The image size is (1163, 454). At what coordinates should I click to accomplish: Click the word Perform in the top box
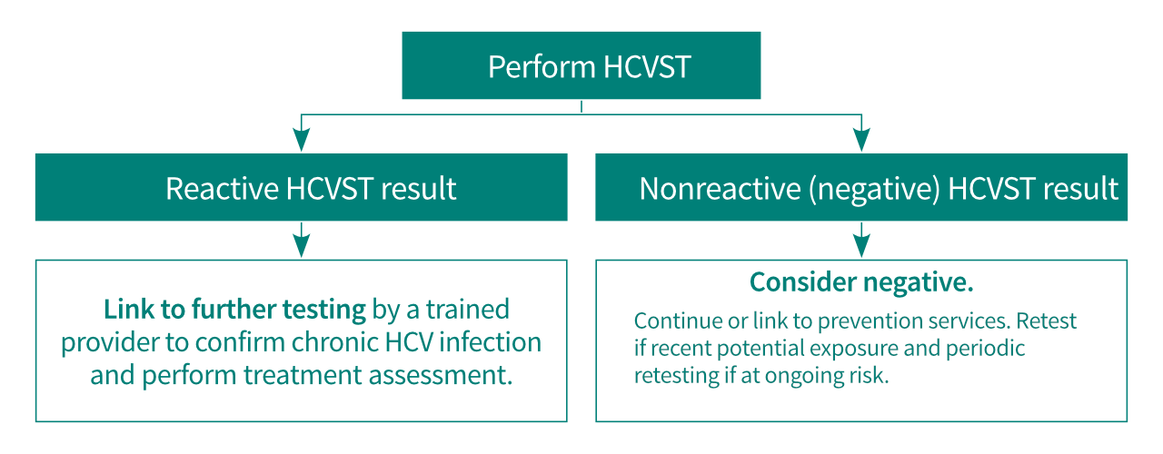(x=540, y=68)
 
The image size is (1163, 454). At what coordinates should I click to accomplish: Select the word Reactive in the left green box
(x=222, y=189)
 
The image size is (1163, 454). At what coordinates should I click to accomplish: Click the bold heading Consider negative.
(x=860, y=282)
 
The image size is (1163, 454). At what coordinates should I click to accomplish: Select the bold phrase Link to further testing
(x=234, y=310)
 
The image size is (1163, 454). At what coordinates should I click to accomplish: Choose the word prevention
(x=870, y=321)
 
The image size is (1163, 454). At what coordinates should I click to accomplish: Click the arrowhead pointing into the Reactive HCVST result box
(x=302, y=141)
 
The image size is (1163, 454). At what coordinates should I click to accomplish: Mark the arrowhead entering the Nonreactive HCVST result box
(x=860, y=141)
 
